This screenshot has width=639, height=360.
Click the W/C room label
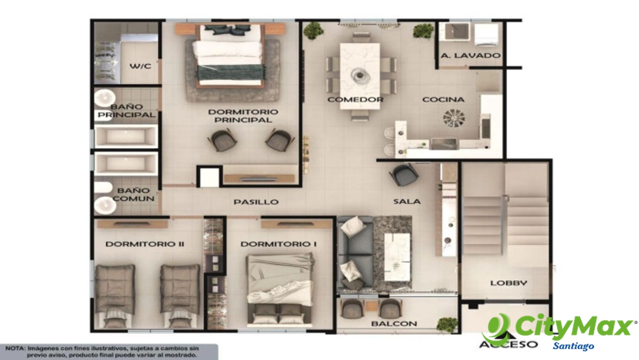pyautogui.click(x=140, y=66)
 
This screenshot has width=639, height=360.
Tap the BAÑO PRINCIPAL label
pyautogui.click(x=126, y=111)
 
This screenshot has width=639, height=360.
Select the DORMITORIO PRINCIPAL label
pyautogui.click(x=243, y=116)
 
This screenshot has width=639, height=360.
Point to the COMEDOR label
pyautogui.click(x=355, y=99)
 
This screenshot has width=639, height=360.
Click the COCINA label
pyautogui.click(x=443, y=99)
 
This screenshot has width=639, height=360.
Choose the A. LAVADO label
pyautogui.click(x=471, y=56)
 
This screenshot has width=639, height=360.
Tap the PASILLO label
pyautogui.click(x=256, y=202)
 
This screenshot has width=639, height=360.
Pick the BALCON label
pyautogui.click(x=394, y=324)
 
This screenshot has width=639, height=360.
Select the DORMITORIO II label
pyautogui.click(x=145, y=244)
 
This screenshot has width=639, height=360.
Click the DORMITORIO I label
pyautogui.click(x=278, y=244)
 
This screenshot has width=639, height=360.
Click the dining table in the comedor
pyautogui.click(x=360, y=76)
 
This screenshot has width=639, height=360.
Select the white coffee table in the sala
pyautogui.click(x=397, y=257)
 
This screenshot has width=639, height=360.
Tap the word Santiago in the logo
pyautogui.click(x=574, y=346)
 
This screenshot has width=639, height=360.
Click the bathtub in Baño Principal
pyautogui.click(x=126, y=137)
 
